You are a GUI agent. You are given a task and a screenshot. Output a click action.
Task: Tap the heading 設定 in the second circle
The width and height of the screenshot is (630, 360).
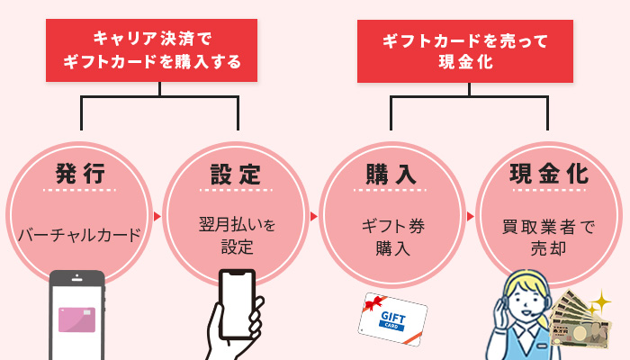[235, 173]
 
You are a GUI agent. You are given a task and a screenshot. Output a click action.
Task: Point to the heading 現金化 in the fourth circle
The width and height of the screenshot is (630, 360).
[548, 173]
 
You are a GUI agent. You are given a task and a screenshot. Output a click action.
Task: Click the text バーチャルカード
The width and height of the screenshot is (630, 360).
[80, 236]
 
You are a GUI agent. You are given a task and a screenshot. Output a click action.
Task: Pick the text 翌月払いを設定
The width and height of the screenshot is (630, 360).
[236, 236]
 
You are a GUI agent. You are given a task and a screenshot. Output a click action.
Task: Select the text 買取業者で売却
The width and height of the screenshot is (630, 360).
[548, 236]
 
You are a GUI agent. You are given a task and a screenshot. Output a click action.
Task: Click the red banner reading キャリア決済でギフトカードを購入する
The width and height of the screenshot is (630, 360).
[159, 50]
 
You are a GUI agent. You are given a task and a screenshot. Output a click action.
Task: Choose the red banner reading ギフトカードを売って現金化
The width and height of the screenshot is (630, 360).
[469, 50]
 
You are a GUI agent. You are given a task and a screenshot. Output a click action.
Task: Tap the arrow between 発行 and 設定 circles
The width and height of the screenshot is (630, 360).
[157, 216]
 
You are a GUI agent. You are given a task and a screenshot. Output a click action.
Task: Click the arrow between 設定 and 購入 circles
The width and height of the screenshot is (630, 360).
[313, 216]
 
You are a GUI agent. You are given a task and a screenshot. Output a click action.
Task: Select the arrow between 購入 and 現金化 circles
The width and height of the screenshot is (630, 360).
[470, 216]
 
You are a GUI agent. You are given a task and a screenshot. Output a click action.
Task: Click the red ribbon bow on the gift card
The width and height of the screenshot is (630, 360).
[374, 304]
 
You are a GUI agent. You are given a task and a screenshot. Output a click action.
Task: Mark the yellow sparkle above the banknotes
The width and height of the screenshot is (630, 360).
[600, 300]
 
